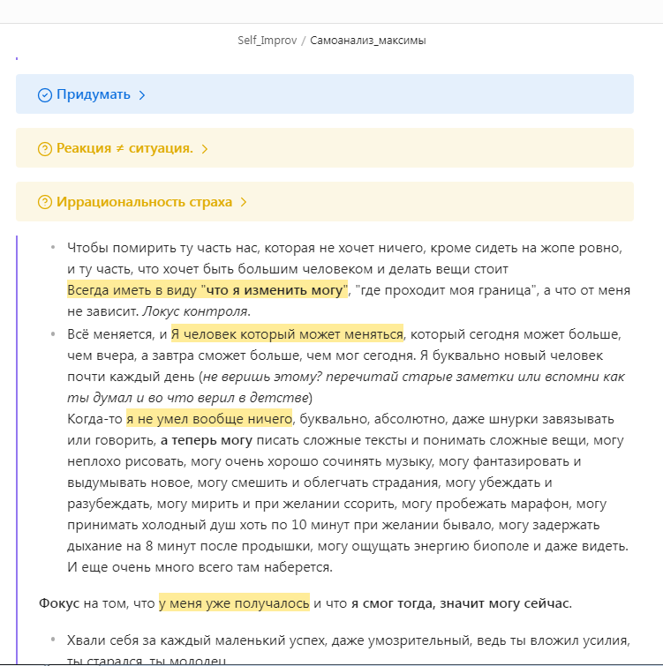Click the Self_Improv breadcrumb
tap(267, 41)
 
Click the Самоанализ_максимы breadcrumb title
tap(368, 41)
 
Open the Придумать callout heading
tap(94, 94)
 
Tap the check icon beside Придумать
tap(45, 95)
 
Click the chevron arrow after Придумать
tap(142, 94)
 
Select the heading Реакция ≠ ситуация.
tap(124, 148)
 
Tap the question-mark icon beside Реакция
tap(45, 149)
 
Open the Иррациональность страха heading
tap(144, 202)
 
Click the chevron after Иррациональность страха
tap(244, 202)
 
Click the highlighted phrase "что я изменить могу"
tap(275, 291)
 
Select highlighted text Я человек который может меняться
tap(287, 335)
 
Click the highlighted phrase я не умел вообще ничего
tap(208, 418)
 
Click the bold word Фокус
tap(60, 603)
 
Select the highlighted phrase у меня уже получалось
tap(234, 603)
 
